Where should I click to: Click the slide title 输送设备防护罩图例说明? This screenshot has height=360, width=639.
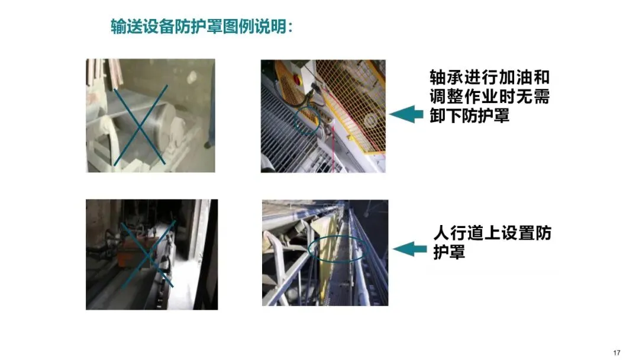202,27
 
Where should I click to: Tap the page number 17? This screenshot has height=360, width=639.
616,353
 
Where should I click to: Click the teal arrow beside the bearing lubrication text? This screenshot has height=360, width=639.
406,114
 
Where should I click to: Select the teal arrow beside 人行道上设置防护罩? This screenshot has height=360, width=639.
409,249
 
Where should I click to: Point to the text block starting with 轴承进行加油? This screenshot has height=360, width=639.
489,97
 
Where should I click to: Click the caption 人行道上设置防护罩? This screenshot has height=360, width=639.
492,242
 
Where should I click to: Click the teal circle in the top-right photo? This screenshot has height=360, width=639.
307,121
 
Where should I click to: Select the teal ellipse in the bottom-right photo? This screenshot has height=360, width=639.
338,248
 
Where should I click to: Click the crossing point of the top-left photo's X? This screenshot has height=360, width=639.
140,127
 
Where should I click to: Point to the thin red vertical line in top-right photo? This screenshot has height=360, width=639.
333,149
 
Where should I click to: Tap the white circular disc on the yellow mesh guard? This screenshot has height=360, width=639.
370,121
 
